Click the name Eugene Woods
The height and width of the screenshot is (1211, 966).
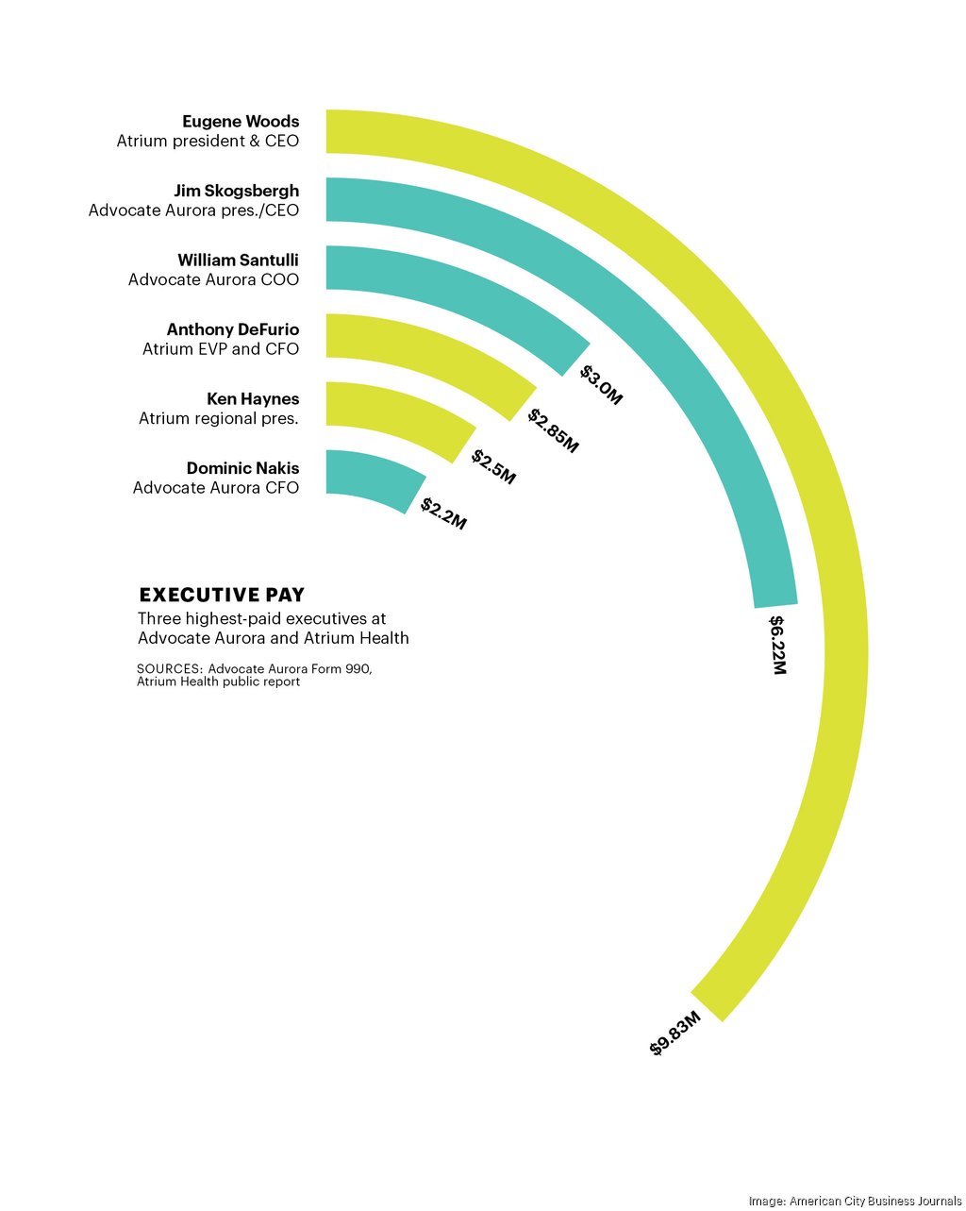(241, 122)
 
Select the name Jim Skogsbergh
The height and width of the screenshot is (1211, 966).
(236, 191)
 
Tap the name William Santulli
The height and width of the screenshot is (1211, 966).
(238, 260)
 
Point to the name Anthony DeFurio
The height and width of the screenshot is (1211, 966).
(233, 329)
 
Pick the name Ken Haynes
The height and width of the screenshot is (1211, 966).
(253, 398)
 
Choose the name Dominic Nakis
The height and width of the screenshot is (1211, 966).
(242, 468)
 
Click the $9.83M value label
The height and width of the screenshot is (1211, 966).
(675, 1034)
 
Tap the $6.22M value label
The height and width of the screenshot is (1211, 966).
(777, 645)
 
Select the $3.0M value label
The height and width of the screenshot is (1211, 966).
(601, 385)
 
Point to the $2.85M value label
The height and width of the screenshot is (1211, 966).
(553, 430)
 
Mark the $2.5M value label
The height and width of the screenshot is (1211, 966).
(493, 467)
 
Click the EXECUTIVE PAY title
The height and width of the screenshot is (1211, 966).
(222, 595)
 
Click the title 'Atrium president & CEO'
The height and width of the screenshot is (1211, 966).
(208, 142)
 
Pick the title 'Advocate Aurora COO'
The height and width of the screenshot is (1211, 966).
(213, 279)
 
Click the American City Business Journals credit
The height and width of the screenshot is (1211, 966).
(855, 1201)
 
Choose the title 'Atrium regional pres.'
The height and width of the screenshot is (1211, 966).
(219, 418)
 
